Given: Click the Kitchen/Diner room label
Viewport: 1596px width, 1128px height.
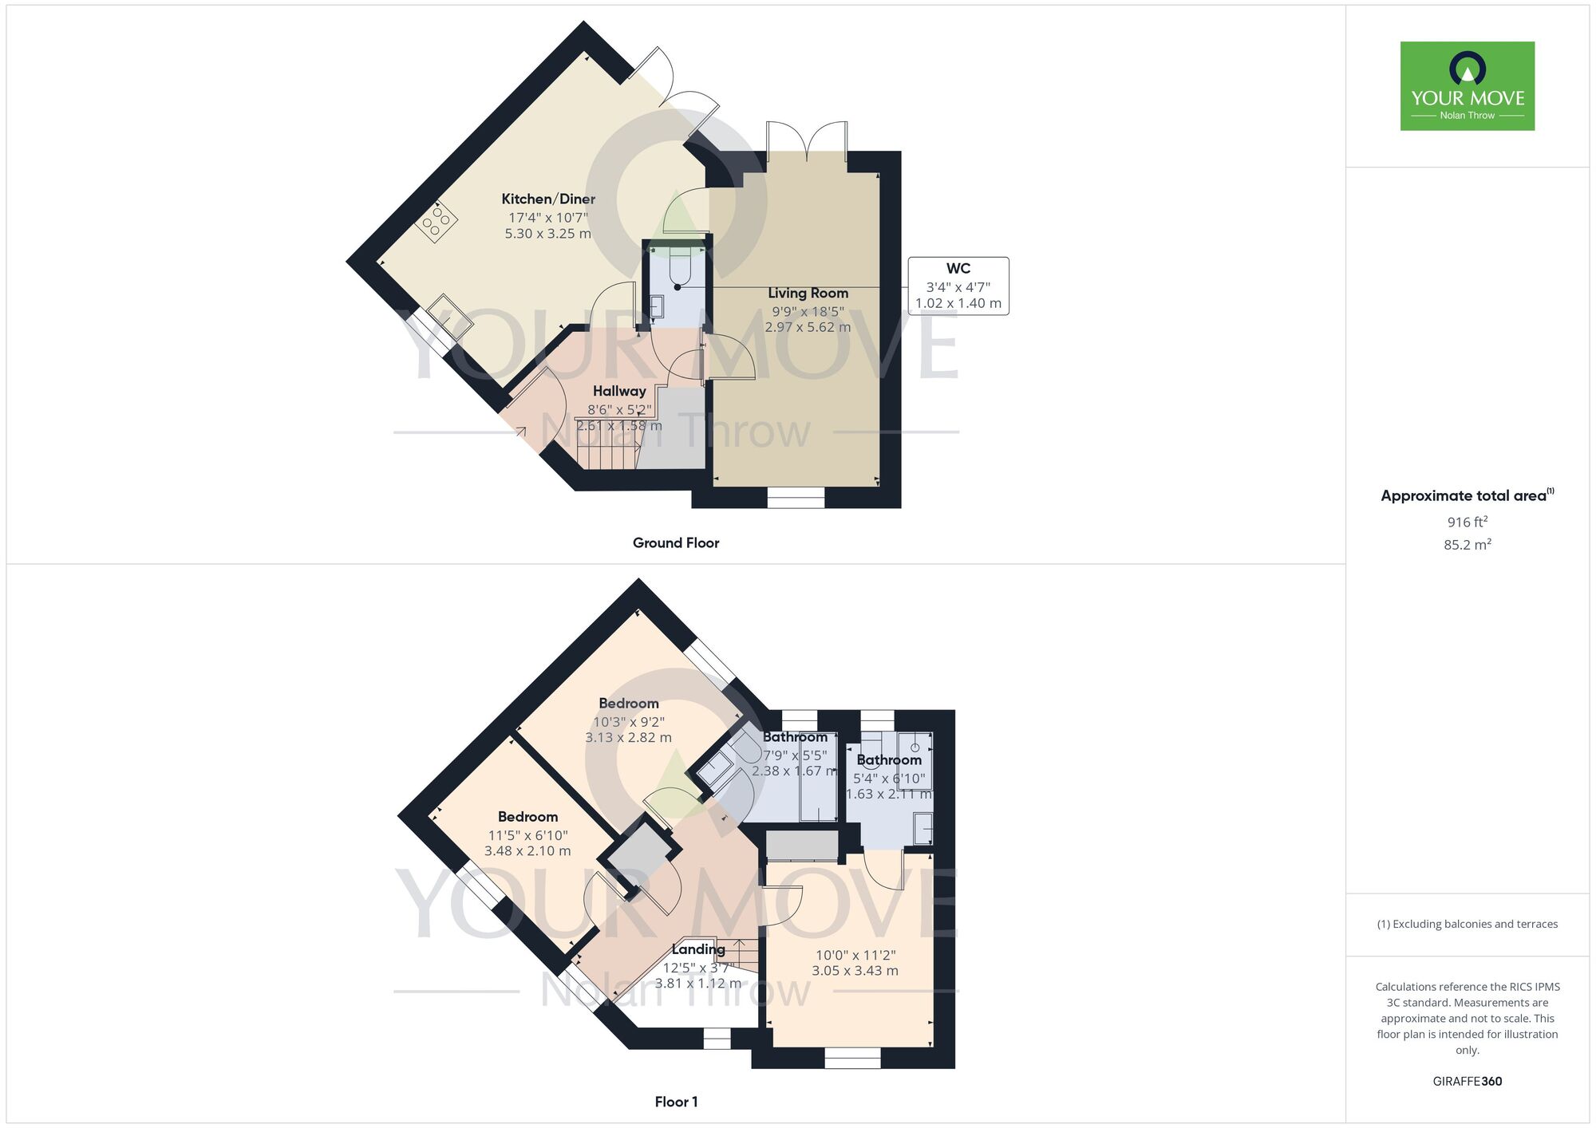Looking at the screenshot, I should pos(548,199).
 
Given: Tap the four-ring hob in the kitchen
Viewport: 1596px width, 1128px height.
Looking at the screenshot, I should pos(437,221).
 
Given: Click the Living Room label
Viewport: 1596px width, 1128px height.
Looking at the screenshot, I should pos(808,294).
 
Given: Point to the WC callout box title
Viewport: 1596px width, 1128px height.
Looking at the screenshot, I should pos(958,269).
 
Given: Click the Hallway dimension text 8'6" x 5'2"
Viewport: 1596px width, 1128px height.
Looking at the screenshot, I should pos(619,410).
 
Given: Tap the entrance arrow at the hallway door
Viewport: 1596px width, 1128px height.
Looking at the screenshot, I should pos(520,432).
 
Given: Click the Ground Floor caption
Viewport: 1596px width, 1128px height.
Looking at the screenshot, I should pos(676,543).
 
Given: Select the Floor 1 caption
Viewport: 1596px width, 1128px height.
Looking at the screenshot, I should pos(676,1102).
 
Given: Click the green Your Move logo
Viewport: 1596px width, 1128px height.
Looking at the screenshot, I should pos(1467,86).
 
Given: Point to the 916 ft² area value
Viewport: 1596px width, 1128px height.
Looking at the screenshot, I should pos(1467,523).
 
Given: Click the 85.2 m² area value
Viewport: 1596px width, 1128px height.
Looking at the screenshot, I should pos(1467,545).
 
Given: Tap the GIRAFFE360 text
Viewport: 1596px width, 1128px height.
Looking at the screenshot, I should pos(1467,1082).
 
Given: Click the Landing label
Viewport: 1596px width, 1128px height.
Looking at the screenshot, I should pos(698,949).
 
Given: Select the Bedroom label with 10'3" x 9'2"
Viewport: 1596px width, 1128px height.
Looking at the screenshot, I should pos(629,704).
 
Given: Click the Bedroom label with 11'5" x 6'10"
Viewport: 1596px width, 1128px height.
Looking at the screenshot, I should pos(527,817).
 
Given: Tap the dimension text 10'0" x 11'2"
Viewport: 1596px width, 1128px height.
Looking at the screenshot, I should pos(855,955).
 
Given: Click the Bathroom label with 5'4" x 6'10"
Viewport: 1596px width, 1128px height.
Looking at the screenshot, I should pos(889,760).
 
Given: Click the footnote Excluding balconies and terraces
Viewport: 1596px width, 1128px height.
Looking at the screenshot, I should pos(1467,925).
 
